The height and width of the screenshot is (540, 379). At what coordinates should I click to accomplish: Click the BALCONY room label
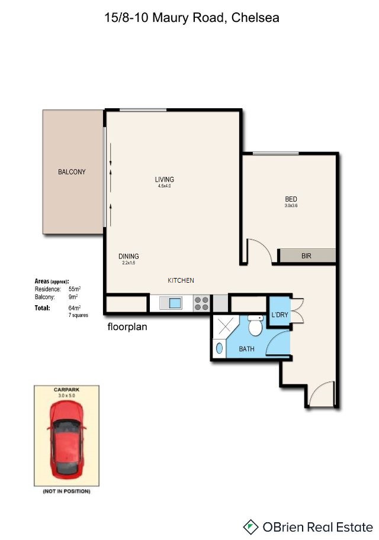pos(72,172)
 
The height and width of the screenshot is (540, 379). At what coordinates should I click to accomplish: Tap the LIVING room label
pos(165,179)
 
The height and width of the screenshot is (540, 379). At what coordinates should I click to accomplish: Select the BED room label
pos(291,199)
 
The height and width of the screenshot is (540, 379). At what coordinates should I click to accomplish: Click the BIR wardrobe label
pos(306,256)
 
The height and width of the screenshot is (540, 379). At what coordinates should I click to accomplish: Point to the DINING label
pos(129,256)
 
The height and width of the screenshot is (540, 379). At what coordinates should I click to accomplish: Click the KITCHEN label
pos(181,280)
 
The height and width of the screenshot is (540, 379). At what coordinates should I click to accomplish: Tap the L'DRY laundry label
pos(280,315)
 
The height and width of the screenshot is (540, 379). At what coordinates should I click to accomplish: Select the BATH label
pos(246,349)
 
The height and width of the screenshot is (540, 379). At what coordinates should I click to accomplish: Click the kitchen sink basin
pos(175,303)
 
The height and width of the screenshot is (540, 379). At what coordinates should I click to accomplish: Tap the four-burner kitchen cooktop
pos(202,303)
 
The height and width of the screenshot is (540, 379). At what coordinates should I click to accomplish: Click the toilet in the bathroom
pos(256,325)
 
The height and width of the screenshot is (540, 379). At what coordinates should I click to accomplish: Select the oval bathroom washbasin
pos(219,348)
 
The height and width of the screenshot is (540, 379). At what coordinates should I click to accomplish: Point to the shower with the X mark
pos(224,327)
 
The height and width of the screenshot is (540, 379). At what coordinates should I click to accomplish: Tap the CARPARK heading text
pos(66,390)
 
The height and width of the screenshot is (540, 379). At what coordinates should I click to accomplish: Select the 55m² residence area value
pos(75,289)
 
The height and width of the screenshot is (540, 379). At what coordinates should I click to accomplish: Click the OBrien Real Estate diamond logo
pos(250,527)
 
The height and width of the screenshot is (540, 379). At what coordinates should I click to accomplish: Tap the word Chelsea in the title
pos(255,18)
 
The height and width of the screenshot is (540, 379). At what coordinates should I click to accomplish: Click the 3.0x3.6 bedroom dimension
pos(291,206)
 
